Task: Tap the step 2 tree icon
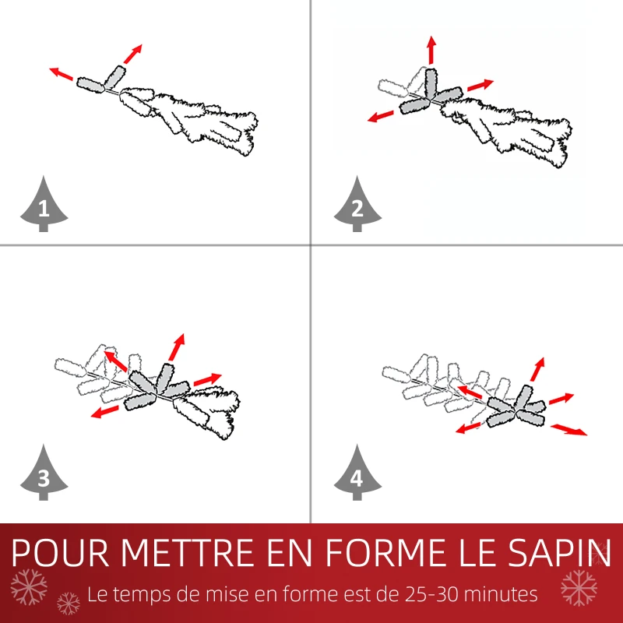click(x=357, y=206)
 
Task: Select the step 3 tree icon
click(x=43, y=476)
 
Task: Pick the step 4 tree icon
click(x=357, y=476)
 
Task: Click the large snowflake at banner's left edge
click(x=30, y=585)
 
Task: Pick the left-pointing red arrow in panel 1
click(x=62, y=75)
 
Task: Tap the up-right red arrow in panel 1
click(x=133, y=54)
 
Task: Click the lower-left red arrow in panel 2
click(x=381, y=117)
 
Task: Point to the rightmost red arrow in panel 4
click(x=569, y=429)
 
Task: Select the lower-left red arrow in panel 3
click(x=103, y=411)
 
